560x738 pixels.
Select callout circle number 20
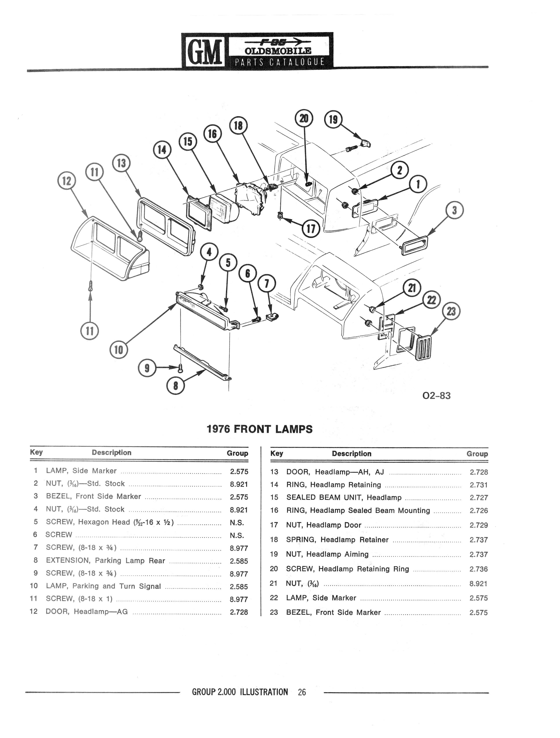pyautogui.click(x=304, y=118)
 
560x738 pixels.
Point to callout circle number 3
pyautogui.click(x=454, y=211)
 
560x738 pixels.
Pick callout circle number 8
pyautogui.click(x=175, y=386)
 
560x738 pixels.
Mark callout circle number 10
pyautogui.click(x=118, y=350)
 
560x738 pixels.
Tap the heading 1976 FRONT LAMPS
pyautogui.click(x=260, y=429)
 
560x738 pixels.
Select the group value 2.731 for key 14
pyautogui.click(x=478, y=485)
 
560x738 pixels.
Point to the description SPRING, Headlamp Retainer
pyautogui.click(x=337, y=540)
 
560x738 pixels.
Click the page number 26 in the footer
pyautogui.click(x=302, y=692)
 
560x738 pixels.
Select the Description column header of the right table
pyautogui.click(x=351, y=454)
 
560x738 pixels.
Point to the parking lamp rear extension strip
pyautogui.click(x=202, y=363)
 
